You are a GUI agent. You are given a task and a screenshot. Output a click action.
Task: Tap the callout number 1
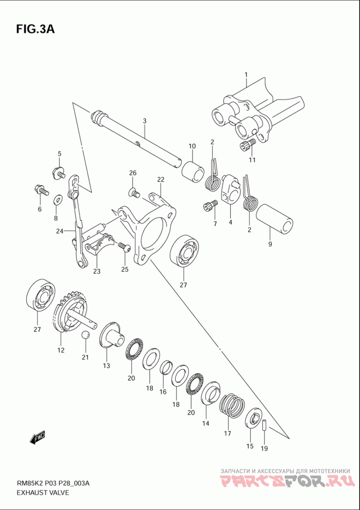[246, 74]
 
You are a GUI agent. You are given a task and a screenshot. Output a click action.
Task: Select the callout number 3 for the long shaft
[144, 121]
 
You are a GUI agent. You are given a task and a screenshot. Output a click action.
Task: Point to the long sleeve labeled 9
[274, 219]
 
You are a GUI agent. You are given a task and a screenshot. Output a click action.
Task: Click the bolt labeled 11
[247, 144]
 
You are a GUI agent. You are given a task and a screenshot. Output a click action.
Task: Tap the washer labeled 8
[58, 199]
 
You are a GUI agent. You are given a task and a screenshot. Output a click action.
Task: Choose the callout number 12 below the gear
[61, 350]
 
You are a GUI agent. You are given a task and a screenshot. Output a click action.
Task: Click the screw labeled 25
[123, 246]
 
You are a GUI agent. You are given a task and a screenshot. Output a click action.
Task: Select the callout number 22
[161, 179]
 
